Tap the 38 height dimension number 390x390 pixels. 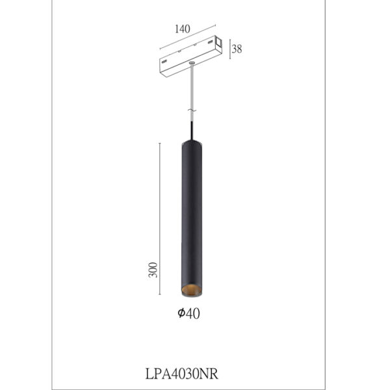pos(237,49)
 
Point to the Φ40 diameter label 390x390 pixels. pos(188,314)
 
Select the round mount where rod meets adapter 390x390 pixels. pos(192,62)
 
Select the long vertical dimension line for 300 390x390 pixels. pos(161,218)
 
